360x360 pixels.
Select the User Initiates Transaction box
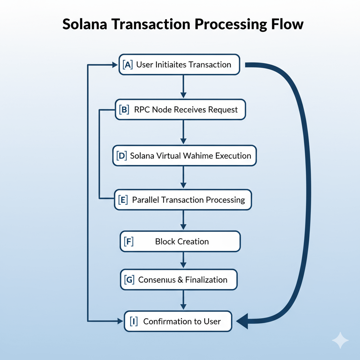(179, 65)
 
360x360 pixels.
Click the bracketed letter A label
(128, 65)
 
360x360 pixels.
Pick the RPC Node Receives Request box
(180, 110)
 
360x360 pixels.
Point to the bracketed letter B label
(123, 110)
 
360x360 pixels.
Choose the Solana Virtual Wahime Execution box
(184, 156)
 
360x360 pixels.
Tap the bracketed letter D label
(121, 156)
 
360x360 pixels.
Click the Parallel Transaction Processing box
(183, 200)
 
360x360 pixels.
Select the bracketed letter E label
(123, 200)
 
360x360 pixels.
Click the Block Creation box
(180, 242)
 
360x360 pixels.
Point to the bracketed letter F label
(129, 242)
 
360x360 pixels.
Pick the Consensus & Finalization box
(179, 280)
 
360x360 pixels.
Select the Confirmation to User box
(178, 321)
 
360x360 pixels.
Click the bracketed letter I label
(134, 321)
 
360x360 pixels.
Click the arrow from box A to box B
(183, 86)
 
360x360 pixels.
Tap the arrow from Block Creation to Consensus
(183, 261)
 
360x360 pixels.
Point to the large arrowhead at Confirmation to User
(243, 321)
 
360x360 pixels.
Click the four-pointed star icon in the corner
(340, 340)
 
